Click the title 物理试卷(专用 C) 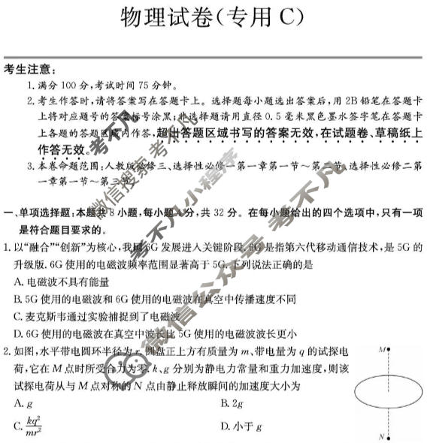pyautogui.click(x=213, y=17)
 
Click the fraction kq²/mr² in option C pyautogui.click(x=34, y=427)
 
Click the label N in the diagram pyautogui.click(x=382, y=436)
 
